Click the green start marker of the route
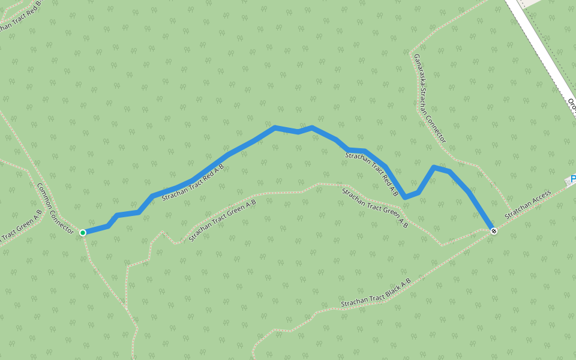[x=83, y=232]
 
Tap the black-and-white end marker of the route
[x=493, y=231]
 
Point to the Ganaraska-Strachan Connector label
[x=430, y=98]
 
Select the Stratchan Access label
[x=528, y=205]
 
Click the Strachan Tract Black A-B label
[x=376, y=293]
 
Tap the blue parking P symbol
[x=572, y=179]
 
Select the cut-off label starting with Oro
[x=572, y=105]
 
